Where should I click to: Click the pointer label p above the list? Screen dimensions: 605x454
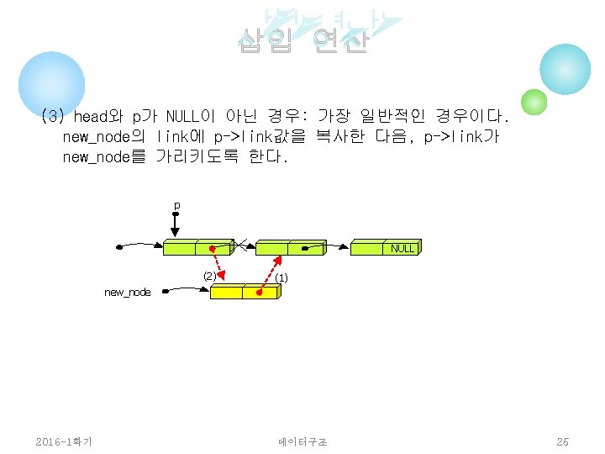click(x=176, y=205)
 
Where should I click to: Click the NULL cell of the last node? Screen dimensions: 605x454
click(x=402, y=248)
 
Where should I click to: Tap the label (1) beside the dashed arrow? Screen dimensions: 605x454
click(x=281, y=277)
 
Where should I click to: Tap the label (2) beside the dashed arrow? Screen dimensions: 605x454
click(x=209, y=275)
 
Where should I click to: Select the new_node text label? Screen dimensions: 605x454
click(x=128, y=292)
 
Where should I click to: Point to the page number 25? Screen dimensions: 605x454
click(x=562, y=441)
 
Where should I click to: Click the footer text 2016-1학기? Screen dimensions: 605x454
click(x=64, y=441)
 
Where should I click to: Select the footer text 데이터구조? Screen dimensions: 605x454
click(x=303, y=441)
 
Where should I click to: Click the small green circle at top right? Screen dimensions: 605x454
click(x=534, y=103)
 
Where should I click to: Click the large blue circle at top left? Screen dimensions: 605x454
click(x=52, y=83)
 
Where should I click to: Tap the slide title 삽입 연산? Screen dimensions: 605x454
click(x=302, y=40)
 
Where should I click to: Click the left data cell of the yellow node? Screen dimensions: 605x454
click(x=226, y=292)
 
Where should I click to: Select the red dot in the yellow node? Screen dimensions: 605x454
click(x=258, y=293)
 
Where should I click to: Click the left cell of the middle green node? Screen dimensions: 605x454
click(x=271, y=247)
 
